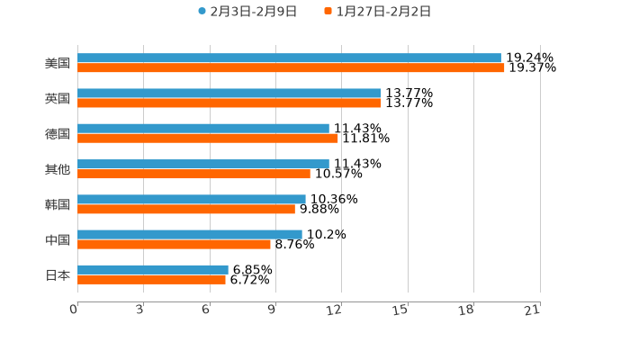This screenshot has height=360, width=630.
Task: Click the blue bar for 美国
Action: point(289,58)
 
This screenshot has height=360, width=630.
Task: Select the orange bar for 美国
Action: point(291,68)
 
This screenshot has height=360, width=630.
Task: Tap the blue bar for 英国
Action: point(229,94)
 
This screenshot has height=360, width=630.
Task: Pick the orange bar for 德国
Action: point(208,139)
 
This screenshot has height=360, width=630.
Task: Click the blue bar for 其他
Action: point(203,164)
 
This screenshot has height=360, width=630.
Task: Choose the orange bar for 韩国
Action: point(186,210)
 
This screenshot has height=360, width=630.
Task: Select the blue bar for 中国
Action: point(190,234)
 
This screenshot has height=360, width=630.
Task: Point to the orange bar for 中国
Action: point(174,245)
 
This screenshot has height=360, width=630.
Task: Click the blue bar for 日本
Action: point(153,269)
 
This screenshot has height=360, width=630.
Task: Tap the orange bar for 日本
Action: point(151,280)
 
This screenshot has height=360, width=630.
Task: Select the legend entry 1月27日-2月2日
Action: point(383,12)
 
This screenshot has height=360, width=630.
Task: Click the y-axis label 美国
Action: point(58,64)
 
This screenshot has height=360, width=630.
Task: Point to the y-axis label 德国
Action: point(58,134)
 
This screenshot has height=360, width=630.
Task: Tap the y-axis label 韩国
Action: point(58,204)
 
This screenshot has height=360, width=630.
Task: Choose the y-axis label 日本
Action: point(58,274)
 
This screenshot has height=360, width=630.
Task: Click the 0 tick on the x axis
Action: point(75,310)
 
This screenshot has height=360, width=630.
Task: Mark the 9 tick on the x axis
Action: point(272,310)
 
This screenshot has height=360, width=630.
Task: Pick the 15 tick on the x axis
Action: point(401,310)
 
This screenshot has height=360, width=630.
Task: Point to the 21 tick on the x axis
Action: point(533,310)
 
